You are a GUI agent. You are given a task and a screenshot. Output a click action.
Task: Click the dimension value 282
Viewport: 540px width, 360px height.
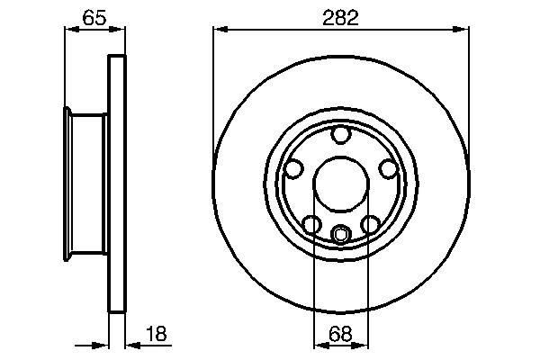(340, 17)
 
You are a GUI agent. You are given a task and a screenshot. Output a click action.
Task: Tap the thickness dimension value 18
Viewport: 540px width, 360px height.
(156, 334)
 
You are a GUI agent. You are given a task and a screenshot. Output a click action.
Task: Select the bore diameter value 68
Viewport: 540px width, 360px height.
(340, 334)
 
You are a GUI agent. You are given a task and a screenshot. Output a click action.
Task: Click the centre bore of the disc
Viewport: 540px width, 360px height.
(340, 186)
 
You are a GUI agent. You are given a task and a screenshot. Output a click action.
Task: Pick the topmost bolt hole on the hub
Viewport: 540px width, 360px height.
(340, 136)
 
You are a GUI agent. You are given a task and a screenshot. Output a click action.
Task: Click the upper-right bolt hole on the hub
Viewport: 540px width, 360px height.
(388, 168)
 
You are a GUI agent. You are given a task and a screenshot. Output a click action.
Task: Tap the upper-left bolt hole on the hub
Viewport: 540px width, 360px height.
(292, 168)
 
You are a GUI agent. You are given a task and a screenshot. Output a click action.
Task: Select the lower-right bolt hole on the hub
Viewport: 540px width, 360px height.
(370, 224)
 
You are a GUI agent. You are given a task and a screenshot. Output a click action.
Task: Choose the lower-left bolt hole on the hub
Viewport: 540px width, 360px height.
(310, 224)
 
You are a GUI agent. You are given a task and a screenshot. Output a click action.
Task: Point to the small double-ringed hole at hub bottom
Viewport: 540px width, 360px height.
(340, 236)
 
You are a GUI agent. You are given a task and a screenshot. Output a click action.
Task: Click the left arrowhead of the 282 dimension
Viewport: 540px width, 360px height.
(219, 29)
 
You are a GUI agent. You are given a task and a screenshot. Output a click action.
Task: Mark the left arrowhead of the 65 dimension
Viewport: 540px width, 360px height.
(69, 29)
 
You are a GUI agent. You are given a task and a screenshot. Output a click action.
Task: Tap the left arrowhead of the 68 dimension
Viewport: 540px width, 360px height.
(318, 345)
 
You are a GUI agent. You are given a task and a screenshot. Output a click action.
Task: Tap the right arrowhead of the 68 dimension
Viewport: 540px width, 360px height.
(362, 345)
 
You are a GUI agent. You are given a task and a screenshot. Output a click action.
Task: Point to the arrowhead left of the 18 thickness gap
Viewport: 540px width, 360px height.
(103, 345)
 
